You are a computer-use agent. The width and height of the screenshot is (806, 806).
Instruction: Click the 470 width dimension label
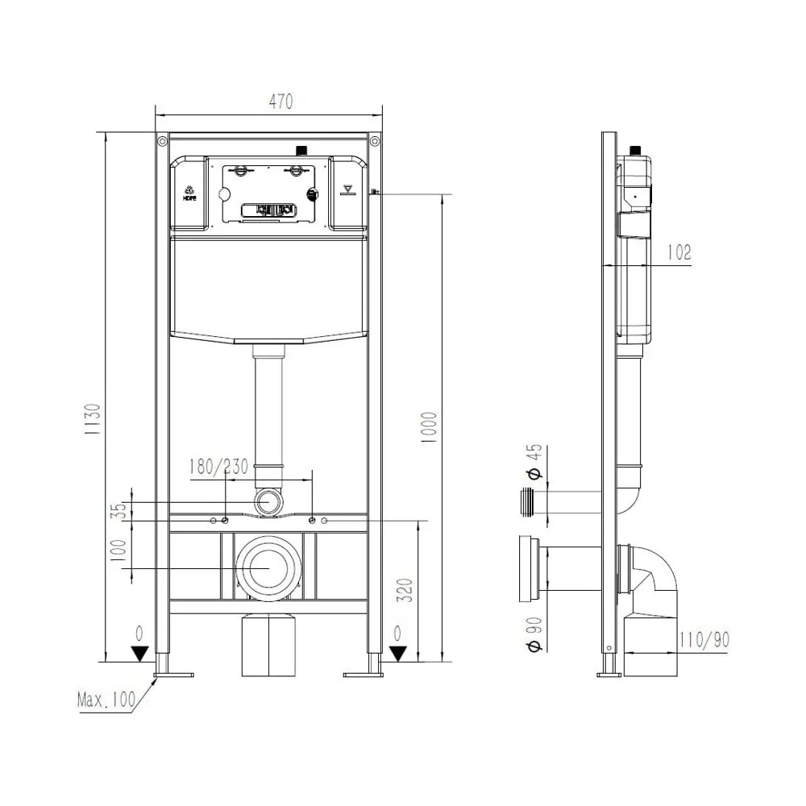click(x=280, y=102)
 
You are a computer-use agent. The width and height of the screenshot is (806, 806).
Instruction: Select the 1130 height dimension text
click(x=93, y=419)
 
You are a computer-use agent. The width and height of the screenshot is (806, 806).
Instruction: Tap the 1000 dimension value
click(x=429, y=428)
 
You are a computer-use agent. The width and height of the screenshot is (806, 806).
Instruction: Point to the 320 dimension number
click(x=405, y=591)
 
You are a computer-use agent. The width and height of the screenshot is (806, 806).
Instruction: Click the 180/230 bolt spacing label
click(x=219, y=467)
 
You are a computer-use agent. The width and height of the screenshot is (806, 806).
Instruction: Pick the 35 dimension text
click(x=119, y=511)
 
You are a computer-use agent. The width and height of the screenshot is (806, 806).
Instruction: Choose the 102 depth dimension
click(x=679, y=252)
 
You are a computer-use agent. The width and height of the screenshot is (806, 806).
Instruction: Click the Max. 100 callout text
click(x=106, y=700)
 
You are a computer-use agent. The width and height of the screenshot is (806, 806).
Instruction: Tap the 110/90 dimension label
click(x=704, y=639)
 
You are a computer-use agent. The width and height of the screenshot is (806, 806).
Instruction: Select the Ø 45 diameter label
click(x=536, y=462)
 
